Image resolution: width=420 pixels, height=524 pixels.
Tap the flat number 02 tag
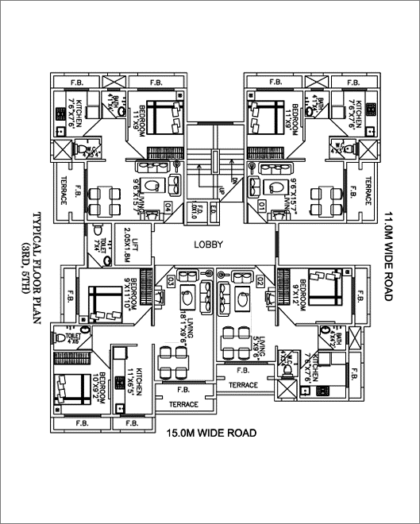[x=260, y=282]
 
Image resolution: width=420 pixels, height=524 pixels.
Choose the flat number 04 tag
[x=168, y=207]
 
